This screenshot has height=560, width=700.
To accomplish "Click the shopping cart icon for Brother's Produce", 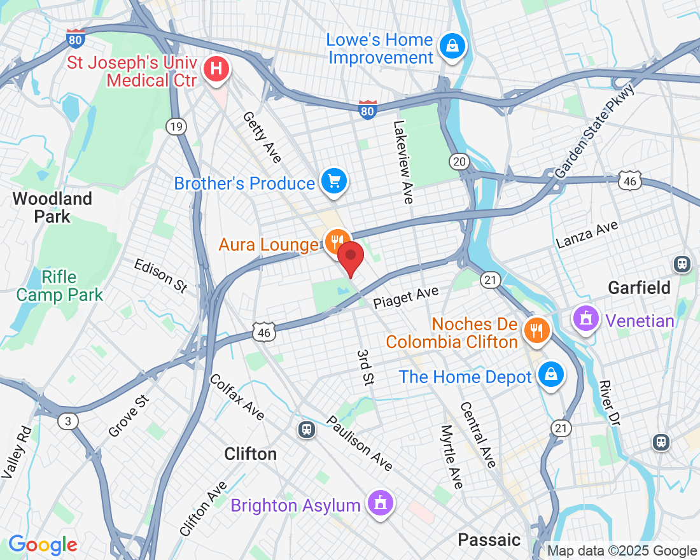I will (x=334, y=182).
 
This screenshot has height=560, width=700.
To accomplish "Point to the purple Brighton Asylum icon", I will (x=380, y=504).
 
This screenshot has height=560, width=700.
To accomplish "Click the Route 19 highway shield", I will (x=176, y=127).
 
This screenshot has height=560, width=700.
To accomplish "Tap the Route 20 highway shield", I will (x=459, y=162).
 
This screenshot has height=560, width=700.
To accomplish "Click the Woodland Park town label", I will (x=52, y=207).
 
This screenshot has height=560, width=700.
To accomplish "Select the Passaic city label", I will (x=489, y=540).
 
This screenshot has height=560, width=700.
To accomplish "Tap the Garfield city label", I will (x=639, y=288).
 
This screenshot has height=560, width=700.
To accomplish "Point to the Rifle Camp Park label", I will (x=59, y=286).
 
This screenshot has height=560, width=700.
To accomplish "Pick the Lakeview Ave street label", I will (x=403, y=162).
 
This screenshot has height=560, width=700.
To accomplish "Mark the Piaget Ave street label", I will (x=406, y=298).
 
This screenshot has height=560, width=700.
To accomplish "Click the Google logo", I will (x=43, y=545).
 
